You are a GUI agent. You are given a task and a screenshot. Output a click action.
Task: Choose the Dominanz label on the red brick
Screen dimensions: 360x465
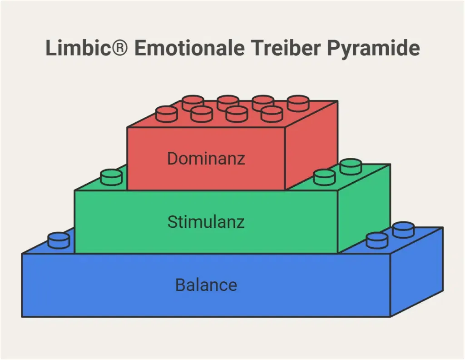coord(206,159)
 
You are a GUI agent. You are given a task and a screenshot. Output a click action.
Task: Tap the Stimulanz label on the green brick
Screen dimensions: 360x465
coord(206,222)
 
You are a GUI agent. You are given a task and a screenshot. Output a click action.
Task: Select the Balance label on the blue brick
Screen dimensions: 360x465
coord(206,285)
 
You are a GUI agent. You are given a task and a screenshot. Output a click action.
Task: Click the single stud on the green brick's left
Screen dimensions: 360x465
coord(111,177)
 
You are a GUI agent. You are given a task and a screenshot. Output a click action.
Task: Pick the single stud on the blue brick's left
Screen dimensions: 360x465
coord(59,240)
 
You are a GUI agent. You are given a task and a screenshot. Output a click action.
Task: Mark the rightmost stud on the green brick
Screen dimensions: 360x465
coord(351,166)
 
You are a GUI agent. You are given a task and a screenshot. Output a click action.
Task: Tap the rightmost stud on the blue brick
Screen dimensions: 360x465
coord(403,230)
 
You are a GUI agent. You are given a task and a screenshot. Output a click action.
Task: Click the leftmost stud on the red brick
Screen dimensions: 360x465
coord(166,113)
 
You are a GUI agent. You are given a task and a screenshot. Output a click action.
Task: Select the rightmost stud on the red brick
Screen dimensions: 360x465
coord(298,103)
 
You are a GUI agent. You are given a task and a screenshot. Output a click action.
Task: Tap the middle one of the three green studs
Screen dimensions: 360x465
coord(324,177)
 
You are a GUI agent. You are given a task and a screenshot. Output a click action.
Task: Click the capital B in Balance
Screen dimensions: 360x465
coord(180,285)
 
